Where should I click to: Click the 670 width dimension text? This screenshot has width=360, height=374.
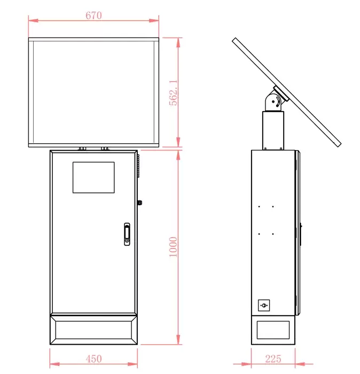[x=93, y=15]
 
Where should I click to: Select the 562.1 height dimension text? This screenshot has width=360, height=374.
[x=173, y=93]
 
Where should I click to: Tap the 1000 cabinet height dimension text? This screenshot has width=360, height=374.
[x=173, y=247]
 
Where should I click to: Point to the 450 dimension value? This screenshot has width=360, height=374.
[x=93, y=360]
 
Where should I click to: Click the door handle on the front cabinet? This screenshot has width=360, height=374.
[x=127, y=234]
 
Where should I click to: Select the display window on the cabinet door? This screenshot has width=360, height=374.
[x=93, y=177]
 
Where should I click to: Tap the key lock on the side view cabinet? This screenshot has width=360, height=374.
[x=264, y=305]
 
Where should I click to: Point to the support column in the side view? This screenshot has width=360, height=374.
[x=272, y=130]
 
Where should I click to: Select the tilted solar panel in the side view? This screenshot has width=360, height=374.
[x=287, y=92]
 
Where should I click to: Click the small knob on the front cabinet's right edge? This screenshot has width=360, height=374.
[x=139, y=202]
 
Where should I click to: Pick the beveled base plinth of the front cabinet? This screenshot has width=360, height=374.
[x=93, y=330]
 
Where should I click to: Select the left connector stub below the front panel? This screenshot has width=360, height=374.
[x=82, y=149]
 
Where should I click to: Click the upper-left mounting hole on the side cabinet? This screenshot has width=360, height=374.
[x=259, y=207]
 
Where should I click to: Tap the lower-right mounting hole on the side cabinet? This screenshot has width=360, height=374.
[x=272, y=233]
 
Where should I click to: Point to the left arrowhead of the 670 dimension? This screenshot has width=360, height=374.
[x=31, y=21]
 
